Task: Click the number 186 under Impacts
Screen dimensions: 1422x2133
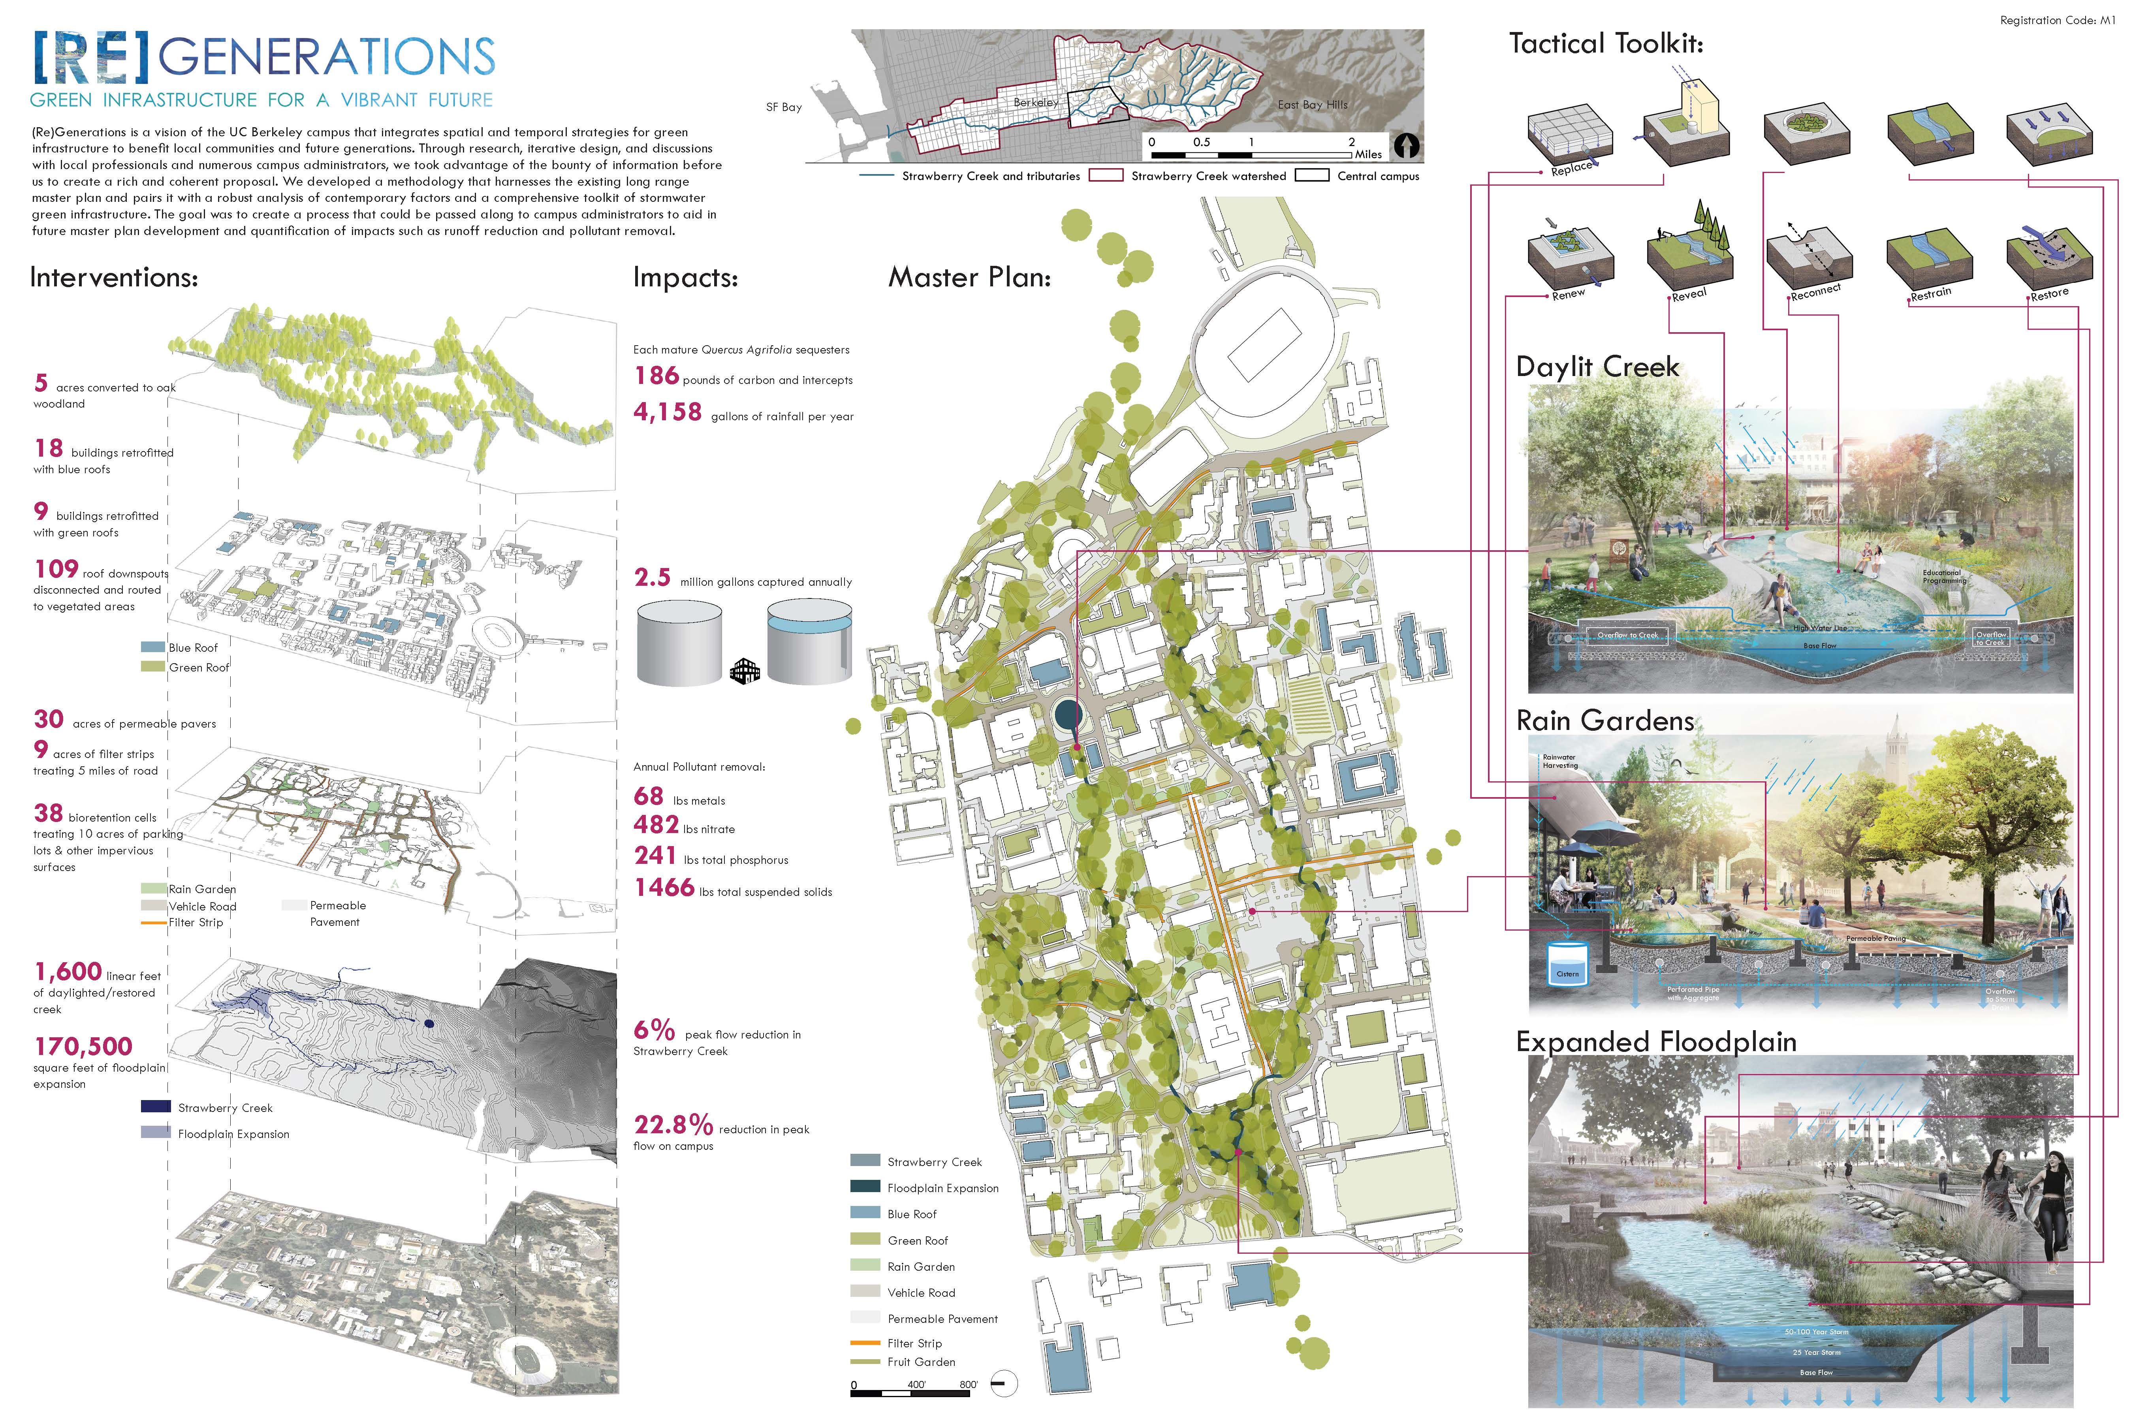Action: pos(656,376)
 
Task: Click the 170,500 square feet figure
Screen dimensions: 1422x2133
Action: pos(83,1046)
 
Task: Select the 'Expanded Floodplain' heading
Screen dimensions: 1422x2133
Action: pos(1656,1042)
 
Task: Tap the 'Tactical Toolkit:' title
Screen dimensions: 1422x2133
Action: pos(1605,43)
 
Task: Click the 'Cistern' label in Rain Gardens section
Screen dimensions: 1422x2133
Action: pos(1567,974)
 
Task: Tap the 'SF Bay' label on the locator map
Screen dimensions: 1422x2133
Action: pos(784,107)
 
